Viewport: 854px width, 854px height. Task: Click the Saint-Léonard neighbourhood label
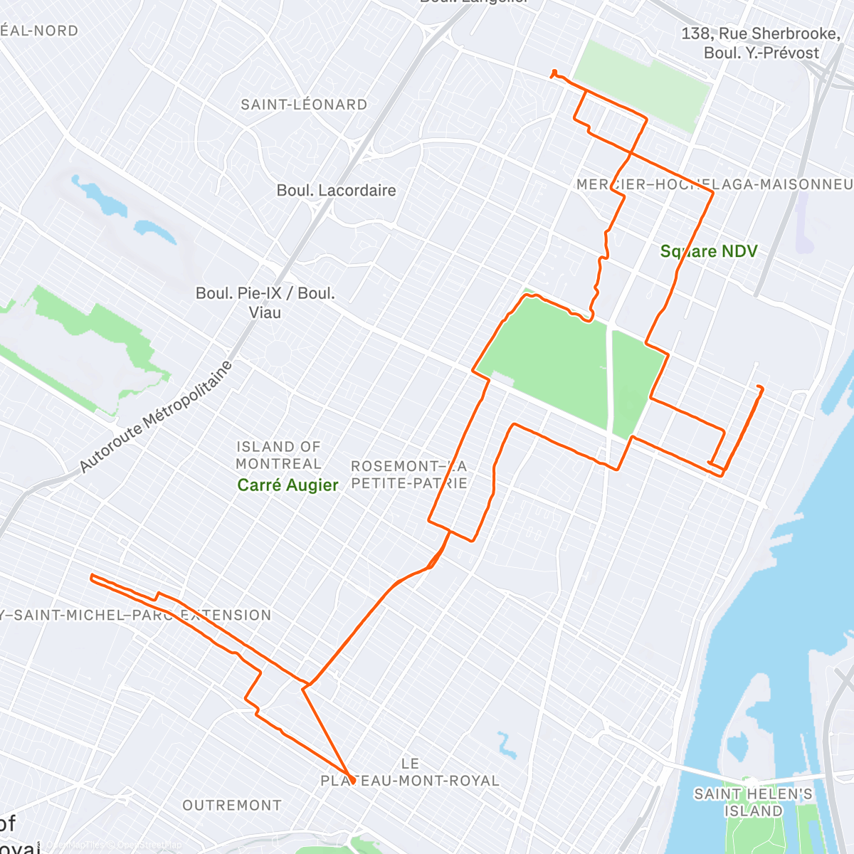point(304,105)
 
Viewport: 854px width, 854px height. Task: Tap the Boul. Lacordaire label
point(336,191)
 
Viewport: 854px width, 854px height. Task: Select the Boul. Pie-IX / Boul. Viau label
point(265,302)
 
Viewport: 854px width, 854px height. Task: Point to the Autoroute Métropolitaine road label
point(156,417)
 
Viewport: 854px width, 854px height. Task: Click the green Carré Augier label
point(288,485)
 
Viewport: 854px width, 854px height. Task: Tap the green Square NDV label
point(708,251)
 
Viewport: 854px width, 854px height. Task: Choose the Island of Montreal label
point(278,455)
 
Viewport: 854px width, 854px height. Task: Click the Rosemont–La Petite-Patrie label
point(408,475)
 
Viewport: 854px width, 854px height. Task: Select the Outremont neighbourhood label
point(232,806)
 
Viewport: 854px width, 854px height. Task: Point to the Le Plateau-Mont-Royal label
point(410,772)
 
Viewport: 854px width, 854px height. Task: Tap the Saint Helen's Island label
point(753,802)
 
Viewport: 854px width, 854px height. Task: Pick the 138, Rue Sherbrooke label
point(761,33)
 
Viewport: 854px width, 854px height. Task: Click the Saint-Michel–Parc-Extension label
point(135,615)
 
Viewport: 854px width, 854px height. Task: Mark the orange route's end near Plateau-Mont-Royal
point(352,781)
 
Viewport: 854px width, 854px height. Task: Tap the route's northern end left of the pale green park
point(554,71)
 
